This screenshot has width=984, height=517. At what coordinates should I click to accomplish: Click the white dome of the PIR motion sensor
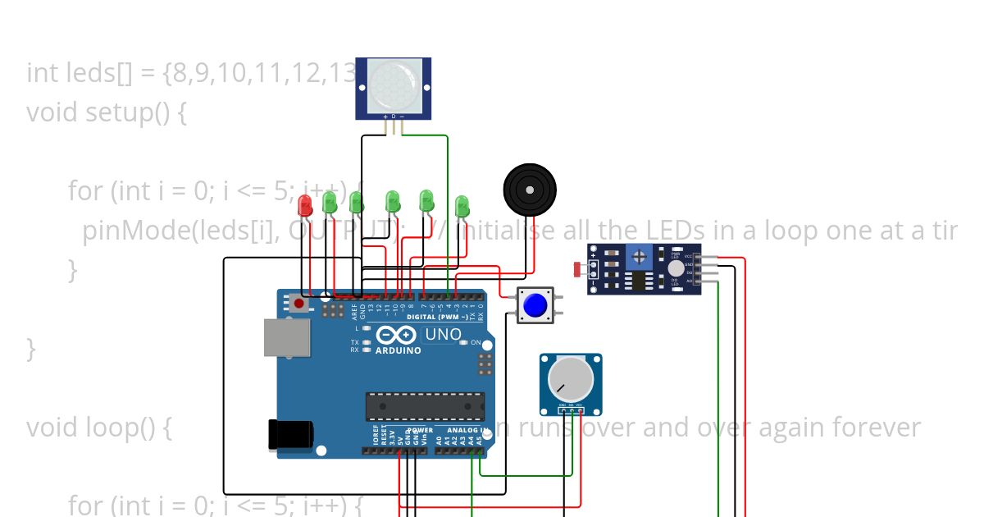coord(393,86)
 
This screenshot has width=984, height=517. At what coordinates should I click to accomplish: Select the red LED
coord(306,205)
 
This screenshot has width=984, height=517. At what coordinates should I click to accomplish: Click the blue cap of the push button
coord(535,305)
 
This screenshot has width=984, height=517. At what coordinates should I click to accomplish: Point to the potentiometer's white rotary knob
coord(570,379)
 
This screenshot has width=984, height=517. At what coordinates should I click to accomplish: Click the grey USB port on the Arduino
coord(286,337)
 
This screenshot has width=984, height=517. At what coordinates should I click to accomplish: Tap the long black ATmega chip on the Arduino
coord(425,405)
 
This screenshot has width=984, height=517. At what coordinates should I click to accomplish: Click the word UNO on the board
coord(443,335)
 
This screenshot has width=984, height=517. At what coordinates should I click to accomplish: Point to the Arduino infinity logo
coord(397,335)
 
